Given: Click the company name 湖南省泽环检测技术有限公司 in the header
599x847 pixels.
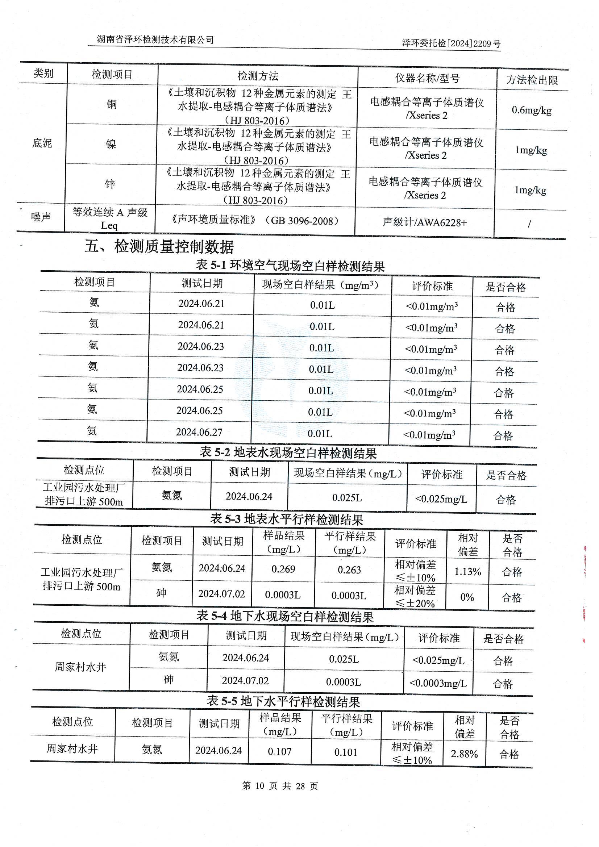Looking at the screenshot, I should (x=155, y=40).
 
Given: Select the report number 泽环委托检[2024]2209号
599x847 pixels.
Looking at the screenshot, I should (x=451, y=43).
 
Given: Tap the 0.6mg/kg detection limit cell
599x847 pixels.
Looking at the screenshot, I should (x=531, y=110).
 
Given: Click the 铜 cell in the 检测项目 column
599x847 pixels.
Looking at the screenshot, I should (x=112, y=104).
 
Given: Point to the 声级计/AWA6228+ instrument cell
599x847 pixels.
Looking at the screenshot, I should (x=424, y=222).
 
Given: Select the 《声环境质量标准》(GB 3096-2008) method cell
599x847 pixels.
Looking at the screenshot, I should (x=255, y=220).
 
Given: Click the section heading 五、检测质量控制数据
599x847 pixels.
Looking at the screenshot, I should (x=159, y=246).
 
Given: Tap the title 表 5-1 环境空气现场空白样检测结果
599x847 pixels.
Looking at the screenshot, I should (x=290, y=266).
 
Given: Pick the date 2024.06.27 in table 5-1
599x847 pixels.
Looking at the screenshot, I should (x=199, y=431).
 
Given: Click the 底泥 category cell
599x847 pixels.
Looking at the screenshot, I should (x=42, y=143).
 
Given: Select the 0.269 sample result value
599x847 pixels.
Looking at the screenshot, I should (x=283, y=569).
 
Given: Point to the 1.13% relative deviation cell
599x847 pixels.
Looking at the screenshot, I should (x=467, y=571).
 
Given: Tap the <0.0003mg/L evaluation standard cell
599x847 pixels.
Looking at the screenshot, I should (x=438, y=683).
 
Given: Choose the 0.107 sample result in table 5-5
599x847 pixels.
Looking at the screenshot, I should (x=279, y=751).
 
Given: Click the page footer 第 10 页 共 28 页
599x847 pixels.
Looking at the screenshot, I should (x=280, y=786).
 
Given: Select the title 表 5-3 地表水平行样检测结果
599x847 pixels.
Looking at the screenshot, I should (x=287, y=519).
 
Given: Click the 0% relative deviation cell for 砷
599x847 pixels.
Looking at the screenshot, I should (x=467, y=597).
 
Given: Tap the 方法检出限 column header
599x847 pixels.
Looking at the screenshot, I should (x=532, y=80).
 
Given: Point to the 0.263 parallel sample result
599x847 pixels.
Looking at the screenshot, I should (x=349, y=570).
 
